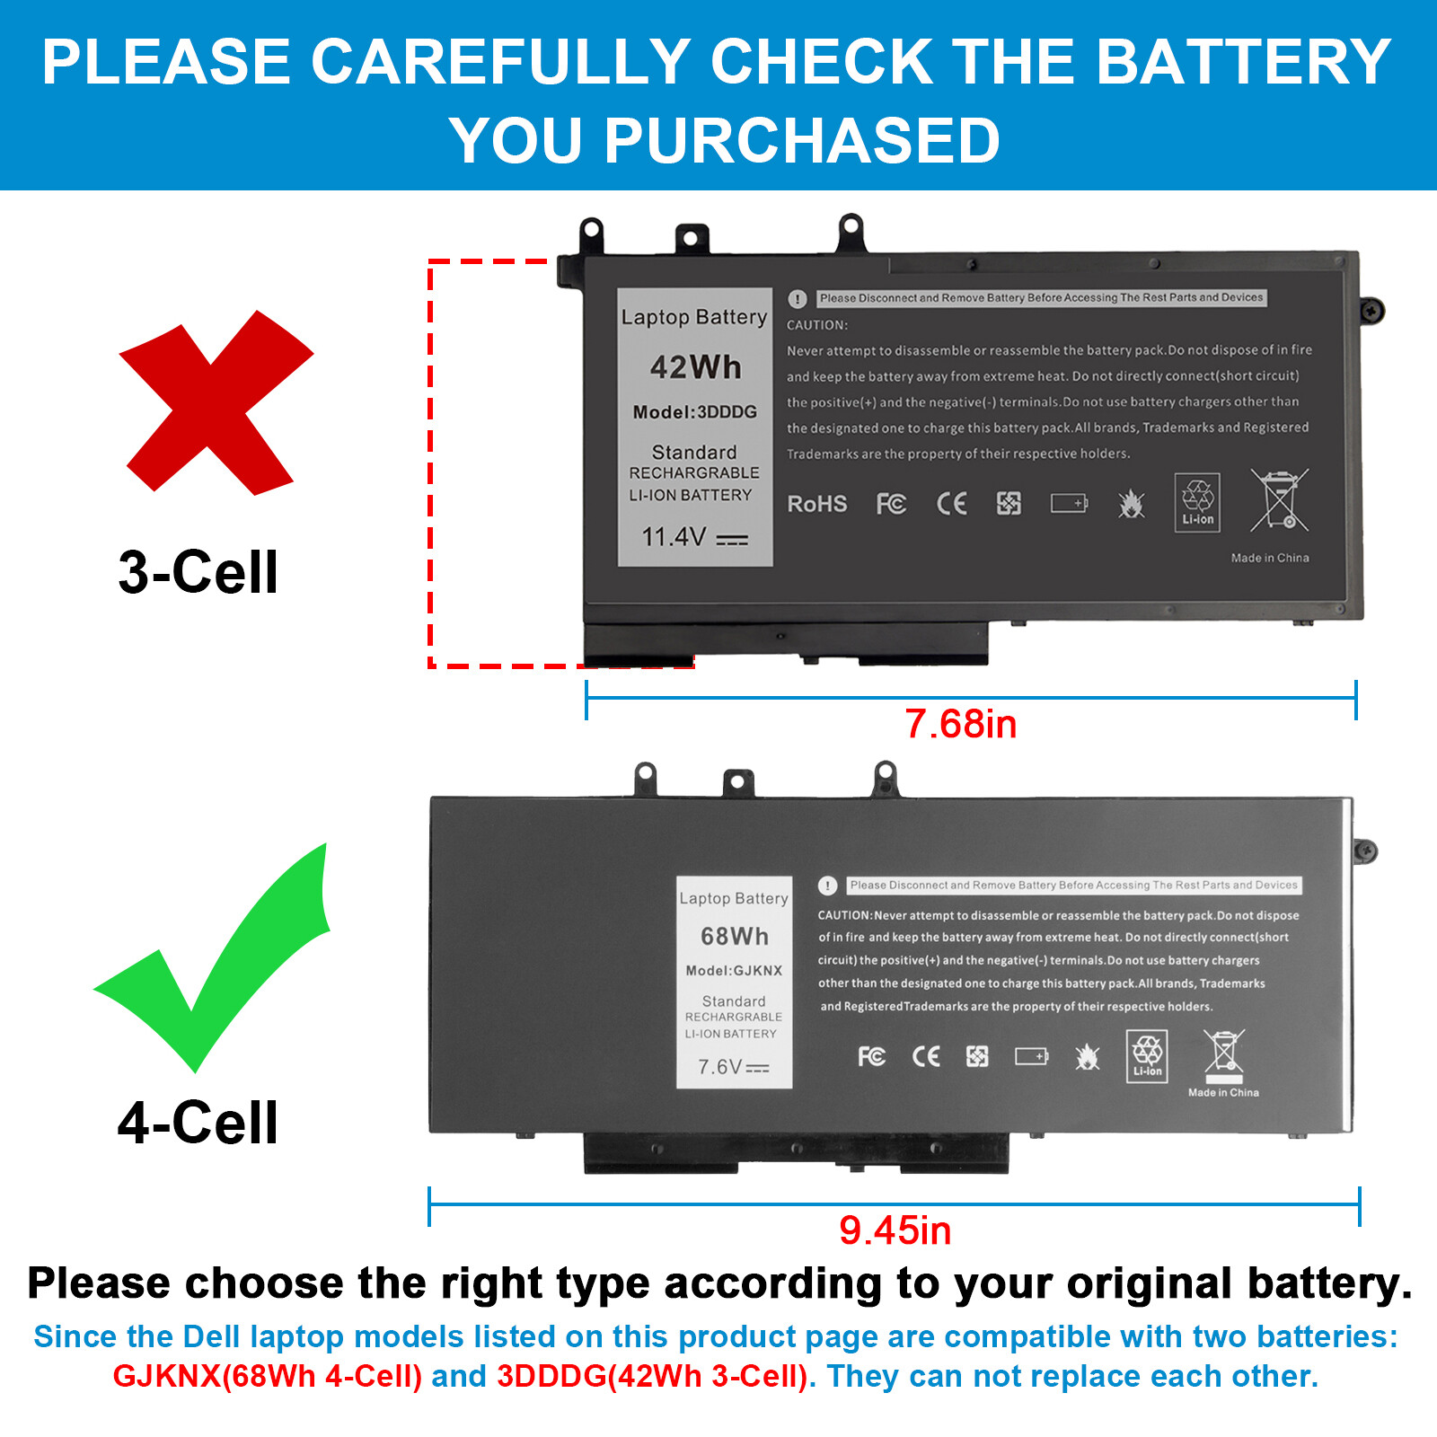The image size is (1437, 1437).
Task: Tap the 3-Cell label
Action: pyautogui.click(x=198, y=572)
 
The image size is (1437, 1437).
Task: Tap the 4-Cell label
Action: pyautogui.click(x=198, y=1123)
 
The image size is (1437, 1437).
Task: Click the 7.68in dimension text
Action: pyautogui.click(x=960, y=724)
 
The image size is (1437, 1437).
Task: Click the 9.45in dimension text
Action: pyautogui.click(x=895, y=1230)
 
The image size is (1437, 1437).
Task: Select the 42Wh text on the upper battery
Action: pyautogui.click(x=695, y=367)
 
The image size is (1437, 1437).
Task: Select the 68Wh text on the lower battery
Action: pyautogui.click(x=735, y=937)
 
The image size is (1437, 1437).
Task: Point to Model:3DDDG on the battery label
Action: pyautogui.click(x=694, y=412)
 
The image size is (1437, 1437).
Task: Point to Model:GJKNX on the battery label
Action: pyautogui.click(x=734, y=971)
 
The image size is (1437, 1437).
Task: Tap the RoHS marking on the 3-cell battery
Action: pyautogui.click(x=816, y=504)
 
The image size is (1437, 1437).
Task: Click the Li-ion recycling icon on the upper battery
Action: pyautogui.click(x=1197, y=502)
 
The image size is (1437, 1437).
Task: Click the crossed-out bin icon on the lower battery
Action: pyautogui.click(x=1224, y=1054)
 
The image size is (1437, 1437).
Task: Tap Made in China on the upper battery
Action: pyautogui.click(x=1269, y=558)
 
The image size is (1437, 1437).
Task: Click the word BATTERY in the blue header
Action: pyautogui.click(x=1243, y=62)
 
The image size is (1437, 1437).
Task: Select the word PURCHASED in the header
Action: pyautogui.click(x=801, y=141)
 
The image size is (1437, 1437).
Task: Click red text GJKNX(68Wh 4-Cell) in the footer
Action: pyautogui.click(x=267, y=1376)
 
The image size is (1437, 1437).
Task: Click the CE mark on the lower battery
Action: pyautogui.click(x=926, y=1056)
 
